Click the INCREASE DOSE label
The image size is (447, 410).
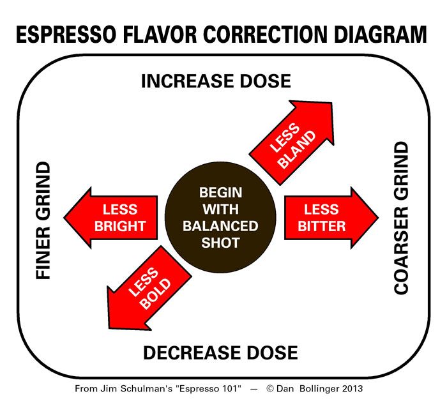(x=216, y=81)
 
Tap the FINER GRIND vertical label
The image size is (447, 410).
(x=43, y=220)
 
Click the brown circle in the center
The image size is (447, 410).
(x=220, y=218)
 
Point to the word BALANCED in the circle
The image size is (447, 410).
(x=220, y=226)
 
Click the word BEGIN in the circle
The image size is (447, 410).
(x=220, y=192)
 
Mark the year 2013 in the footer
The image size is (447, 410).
(x=353, y=388)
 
